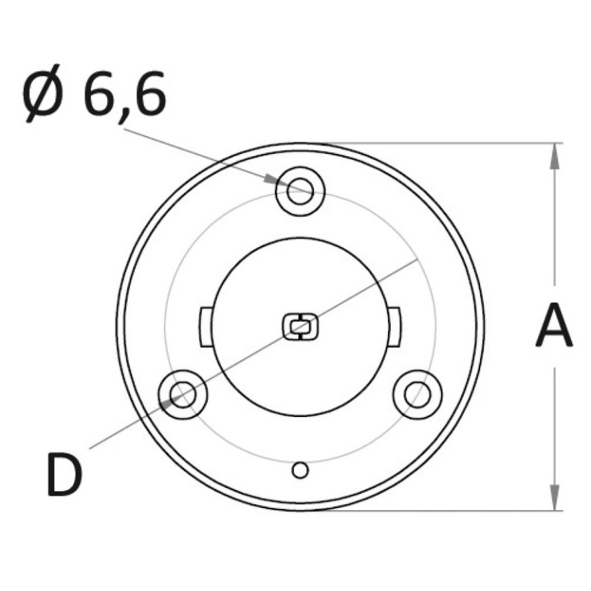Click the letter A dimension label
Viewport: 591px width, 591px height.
(x=554, y=325)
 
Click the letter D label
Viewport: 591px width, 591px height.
(x=65, y=473)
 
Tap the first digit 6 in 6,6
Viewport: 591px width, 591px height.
(x=98, y=92)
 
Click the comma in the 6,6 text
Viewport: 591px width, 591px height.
(x=122, y=115)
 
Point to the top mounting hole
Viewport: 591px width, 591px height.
(x=300, y=191)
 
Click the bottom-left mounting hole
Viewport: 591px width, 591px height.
(x=183, y=395)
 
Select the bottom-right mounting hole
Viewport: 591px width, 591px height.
(x=417, y=395)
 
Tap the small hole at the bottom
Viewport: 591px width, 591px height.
(x=300, y=470)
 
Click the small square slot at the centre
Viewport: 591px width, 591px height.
(x=300, y=326)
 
